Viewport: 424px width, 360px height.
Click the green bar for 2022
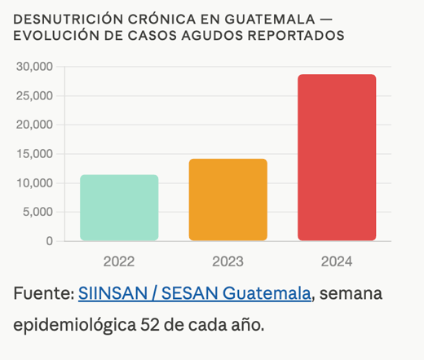[119, 208]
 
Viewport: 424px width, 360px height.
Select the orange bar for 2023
[227, 200]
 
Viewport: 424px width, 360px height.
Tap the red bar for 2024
[337, 157]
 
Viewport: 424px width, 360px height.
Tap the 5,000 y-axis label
[38, 212]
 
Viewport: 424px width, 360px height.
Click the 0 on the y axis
[49, 241]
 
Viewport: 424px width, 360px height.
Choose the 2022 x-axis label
[119, 261]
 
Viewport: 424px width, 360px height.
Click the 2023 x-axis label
[227, 261]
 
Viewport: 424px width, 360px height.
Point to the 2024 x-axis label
[337, 261]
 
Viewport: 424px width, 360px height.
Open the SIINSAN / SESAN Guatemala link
[194, 293]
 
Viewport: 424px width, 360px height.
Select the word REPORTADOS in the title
[298, 36]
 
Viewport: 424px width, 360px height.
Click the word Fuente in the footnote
[41, 293]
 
